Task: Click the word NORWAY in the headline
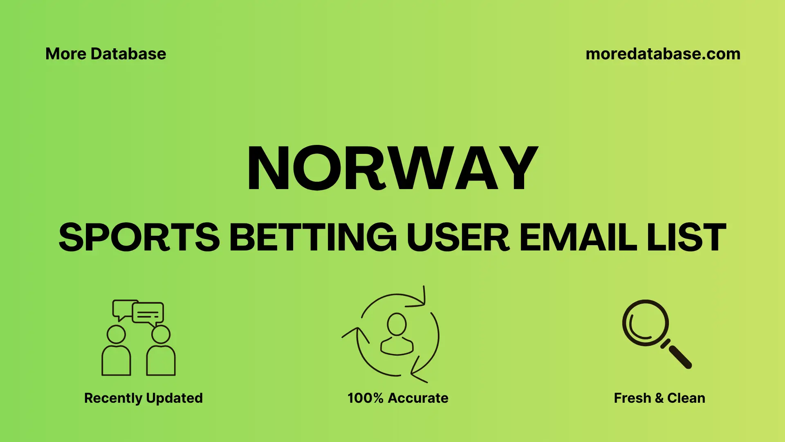click(392, 168)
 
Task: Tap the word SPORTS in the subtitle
click(139, 237)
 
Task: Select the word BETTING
click(313, 237)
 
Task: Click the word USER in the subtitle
click(458, 237)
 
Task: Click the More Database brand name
click(105, 54)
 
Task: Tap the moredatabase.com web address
click(663, 54)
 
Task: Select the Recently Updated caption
click(143, 398)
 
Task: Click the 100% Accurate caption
click(397, 398)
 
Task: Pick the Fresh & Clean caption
click(659, 398)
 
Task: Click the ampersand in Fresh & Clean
click(659, 398)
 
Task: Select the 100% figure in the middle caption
click(365, 398)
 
